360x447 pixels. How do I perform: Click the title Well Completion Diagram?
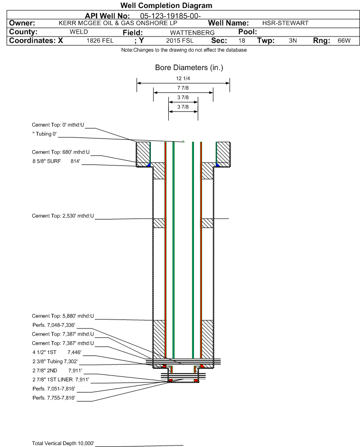[x=166, y=6]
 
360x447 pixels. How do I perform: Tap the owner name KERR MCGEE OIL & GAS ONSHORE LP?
[x=119, y=23]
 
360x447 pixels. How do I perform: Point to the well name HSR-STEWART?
[x=285, y=23]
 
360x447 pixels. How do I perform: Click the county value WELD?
[x=78, y=32]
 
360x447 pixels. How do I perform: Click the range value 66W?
[x=344, y=41]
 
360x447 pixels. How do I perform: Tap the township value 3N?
[x=293, y=41]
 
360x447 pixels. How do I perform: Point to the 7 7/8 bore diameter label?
[x=183, y=89]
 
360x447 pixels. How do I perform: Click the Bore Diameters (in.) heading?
[x=189, y=68]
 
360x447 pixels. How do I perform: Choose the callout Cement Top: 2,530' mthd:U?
[x=63, y=216]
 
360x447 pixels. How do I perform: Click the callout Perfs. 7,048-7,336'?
[x=54, y=325]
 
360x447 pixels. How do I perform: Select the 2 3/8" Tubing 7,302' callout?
[x=54, y=361]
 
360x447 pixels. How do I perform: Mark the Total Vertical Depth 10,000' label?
[x=63, y=443]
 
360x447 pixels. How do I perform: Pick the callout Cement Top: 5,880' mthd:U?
[x=63, y=316]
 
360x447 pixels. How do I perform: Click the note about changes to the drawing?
[x=184, y=50]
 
